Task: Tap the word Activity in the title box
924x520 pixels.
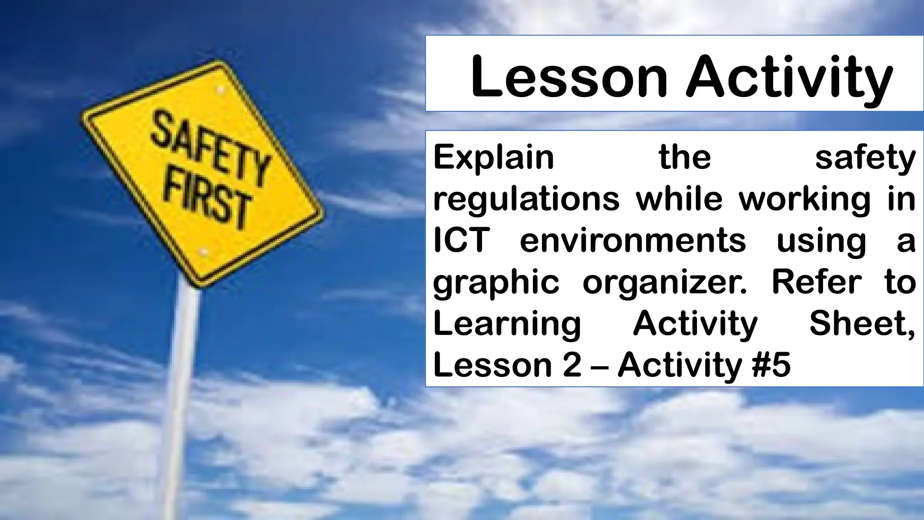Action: coord(789,78)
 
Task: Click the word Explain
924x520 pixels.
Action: coord(494,158)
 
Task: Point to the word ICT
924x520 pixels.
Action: coord(462,241)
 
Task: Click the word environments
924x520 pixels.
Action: coord(633,241)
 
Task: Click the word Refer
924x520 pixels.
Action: coord(816,282)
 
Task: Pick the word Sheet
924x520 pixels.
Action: coord(861,323)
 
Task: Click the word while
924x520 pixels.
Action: coord(679,199)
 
